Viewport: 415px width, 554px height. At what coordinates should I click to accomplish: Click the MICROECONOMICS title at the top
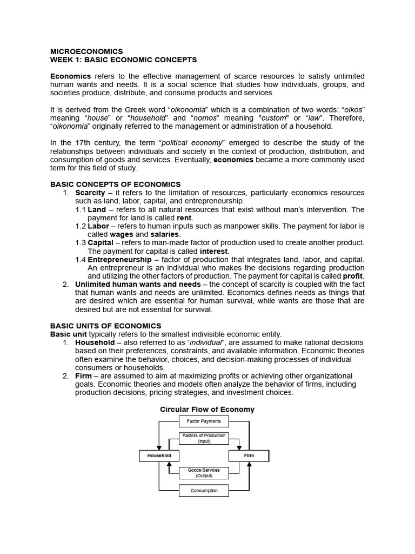(86, 51)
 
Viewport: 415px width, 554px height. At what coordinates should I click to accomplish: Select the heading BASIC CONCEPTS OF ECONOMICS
(115, 184)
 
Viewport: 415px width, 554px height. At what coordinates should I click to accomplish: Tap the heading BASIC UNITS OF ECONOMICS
(105, 326)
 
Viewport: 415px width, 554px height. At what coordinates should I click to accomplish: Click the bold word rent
(184, 218)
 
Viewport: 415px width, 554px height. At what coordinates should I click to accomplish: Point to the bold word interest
(215, 251)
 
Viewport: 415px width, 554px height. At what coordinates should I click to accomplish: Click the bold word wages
(121, 234)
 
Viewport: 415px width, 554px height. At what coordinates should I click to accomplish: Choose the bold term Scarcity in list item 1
(90, 193)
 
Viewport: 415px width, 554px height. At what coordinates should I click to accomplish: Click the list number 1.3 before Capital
(81, 243)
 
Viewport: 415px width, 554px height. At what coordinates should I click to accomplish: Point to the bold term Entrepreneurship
(120, 260)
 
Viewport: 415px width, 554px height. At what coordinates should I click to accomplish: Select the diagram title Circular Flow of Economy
(207, 410)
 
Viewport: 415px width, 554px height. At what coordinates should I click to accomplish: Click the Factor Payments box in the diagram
(204, 421)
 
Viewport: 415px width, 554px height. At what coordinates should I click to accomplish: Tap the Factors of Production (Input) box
(204, 438)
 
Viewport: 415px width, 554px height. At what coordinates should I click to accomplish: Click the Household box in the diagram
(159, 456)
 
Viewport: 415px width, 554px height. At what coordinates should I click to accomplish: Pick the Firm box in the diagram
(249, 456)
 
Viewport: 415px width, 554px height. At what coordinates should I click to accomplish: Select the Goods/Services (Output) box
(204, 473)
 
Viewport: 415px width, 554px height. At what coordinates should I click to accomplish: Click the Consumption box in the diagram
(204, 491)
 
